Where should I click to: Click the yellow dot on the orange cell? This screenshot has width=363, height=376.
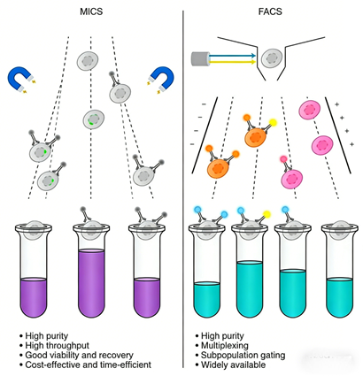(x=274, y=120)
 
